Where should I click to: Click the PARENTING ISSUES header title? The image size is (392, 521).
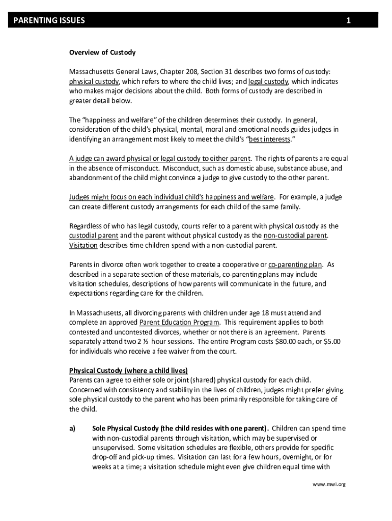pyautogui.click(x=49, y=20)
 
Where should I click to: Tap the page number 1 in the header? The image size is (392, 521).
pyautogui.click(x=349, y=20)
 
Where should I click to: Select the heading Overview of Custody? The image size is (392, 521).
pyautogui.click(x=102, y=52)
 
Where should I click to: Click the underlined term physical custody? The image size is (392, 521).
pyautogui.click(x=94, y=81)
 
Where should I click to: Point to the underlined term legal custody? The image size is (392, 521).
pyautogui.click(x=268, y=81)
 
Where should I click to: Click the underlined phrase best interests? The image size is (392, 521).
pyautogui.click(x=269, y=139)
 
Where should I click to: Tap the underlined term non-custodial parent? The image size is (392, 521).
pyautogui.click(x=295, y=236)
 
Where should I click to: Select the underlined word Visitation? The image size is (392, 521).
pyautogui.click(x=83, y=245)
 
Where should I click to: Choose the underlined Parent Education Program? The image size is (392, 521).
pyautogui.click(x=180, y=323)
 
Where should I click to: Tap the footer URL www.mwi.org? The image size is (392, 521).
pyautogui.click(x=329, y=484)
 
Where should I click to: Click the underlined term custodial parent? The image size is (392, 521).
pyautogui.click(x=94, y=236)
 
